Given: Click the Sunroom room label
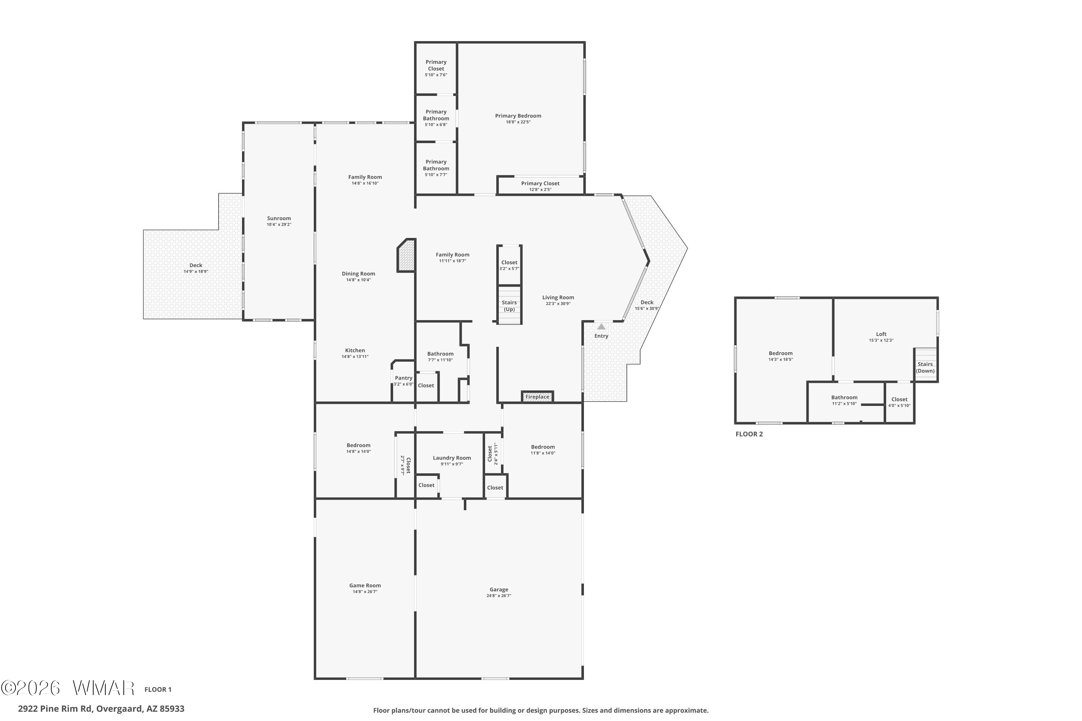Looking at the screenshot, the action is coord(279,218).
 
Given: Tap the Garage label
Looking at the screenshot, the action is coord(499,589).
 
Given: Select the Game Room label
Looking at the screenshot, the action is coord(365,585).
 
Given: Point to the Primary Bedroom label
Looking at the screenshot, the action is coord(518,116).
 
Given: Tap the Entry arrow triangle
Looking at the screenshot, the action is coord(601,327).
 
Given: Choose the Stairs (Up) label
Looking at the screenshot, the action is coord(509,306).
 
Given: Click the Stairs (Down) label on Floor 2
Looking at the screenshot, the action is coord(925,367).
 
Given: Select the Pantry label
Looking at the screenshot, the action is coord(404,378).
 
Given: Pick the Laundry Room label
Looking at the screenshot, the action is coord(452,458).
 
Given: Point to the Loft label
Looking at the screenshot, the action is coord(881,334).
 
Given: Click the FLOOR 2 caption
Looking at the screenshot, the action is coord(749,434).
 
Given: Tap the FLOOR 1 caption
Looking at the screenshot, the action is coord(158,689).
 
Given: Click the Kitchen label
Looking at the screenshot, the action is coord(355,350).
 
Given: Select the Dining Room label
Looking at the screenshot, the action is coord(359,274).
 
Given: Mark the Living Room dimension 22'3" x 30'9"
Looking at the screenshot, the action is coord(558,304).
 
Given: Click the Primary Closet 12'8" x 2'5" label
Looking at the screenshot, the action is coord(540,186).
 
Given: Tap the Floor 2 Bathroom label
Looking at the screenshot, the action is coord(844,397).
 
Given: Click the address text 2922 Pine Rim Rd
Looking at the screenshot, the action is coord(55,709).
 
